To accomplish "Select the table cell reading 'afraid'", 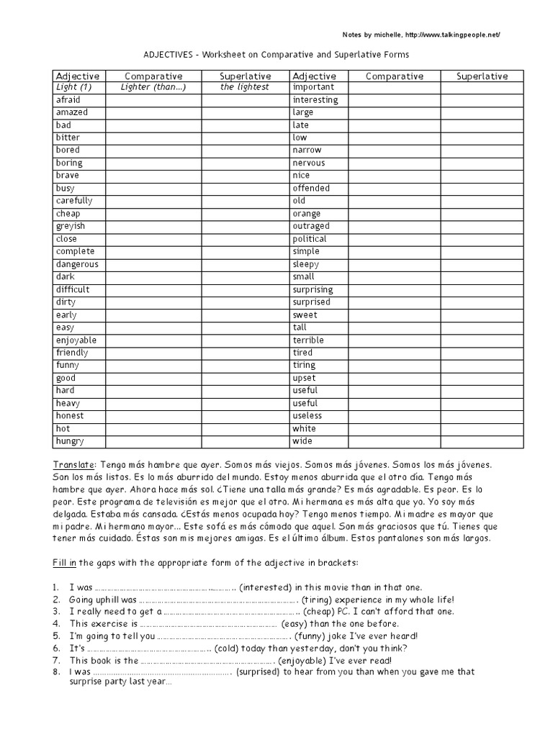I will [68, 100].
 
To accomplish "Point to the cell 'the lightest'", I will [245, 87].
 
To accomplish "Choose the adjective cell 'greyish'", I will [70, 226].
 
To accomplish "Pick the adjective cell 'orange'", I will [307, 214].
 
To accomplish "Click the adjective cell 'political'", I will [310, 239].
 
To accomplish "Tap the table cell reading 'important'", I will [313, 87].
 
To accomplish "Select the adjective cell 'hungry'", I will [70, 440].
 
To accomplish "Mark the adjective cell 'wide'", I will [302, 440].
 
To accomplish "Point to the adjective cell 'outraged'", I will [311, 226].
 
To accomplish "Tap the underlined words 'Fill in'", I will [65, 561].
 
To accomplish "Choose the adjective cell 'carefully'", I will [74, 201].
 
